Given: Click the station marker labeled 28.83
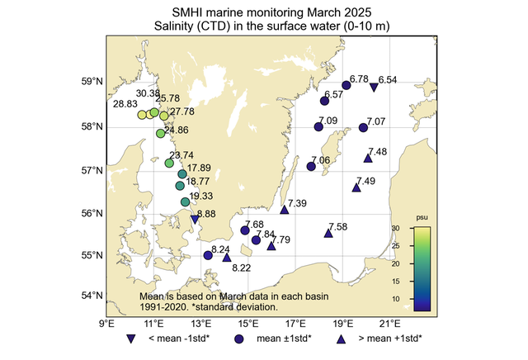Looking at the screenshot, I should tap(142, 116).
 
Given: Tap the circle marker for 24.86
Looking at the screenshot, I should tap(161, 133).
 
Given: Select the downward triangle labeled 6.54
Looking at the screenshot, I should tap(374, 88).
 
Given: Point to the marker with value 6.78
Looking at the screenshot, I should tap(346, 85).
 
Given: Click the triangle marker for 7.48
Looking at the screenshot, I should tap(368, 159).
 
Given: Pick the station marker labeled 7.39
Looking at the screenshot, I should tap(285, 210).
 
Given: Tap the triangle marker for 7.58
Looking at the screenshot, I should tap(328, 234).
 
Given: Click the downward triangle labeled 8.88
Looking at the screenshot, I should tap(195, 219).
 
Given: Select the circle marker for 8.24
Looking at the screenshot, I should tap(208, 255).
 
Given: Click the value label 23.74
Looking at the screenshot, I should tap(181, 155).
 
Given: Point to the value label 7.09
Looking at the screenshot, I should tap(328, 121).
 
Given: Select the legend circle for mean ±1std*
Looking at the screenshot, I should tap(238, 339).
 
